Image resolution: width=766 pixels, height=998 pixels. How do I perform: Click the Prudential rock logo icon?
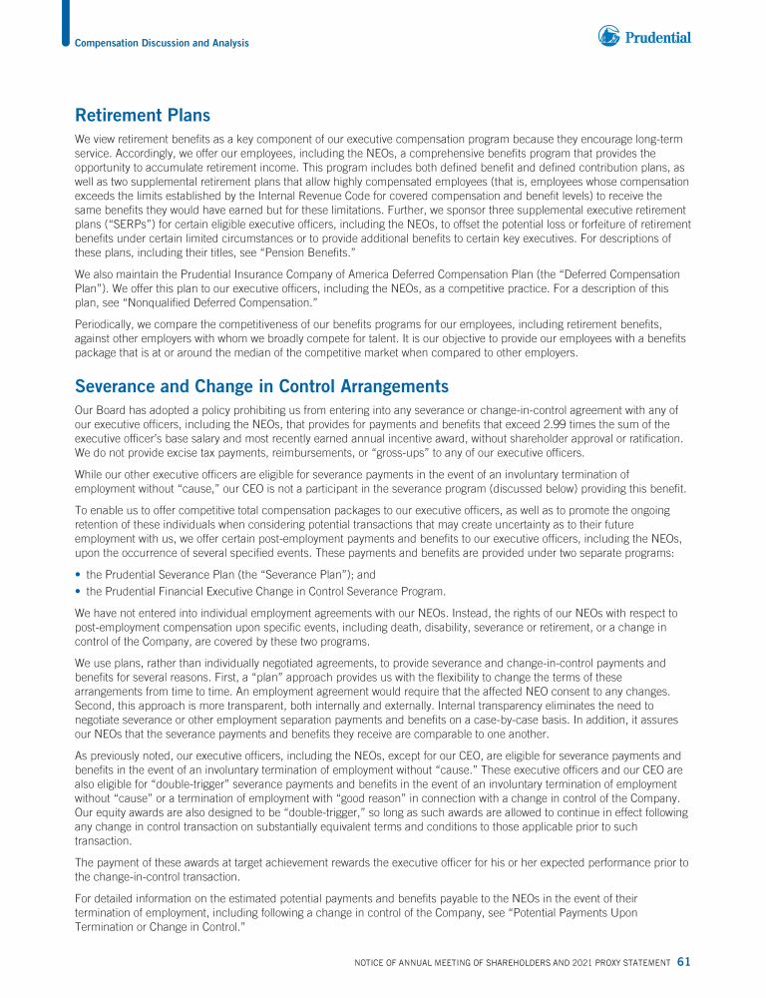point(609,37)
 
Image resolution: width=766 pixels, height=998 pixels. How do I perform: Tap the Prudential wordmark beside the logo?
point(657,38)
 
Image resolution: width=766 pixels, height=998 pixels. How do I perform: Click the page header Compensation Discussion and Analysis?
point(162,43)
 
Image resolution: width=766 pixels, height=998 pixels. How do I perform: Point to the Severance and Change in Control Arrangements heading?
point(262,386)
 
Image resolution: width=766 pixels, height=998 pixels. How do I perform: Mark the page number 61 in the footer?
point(684,962)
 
